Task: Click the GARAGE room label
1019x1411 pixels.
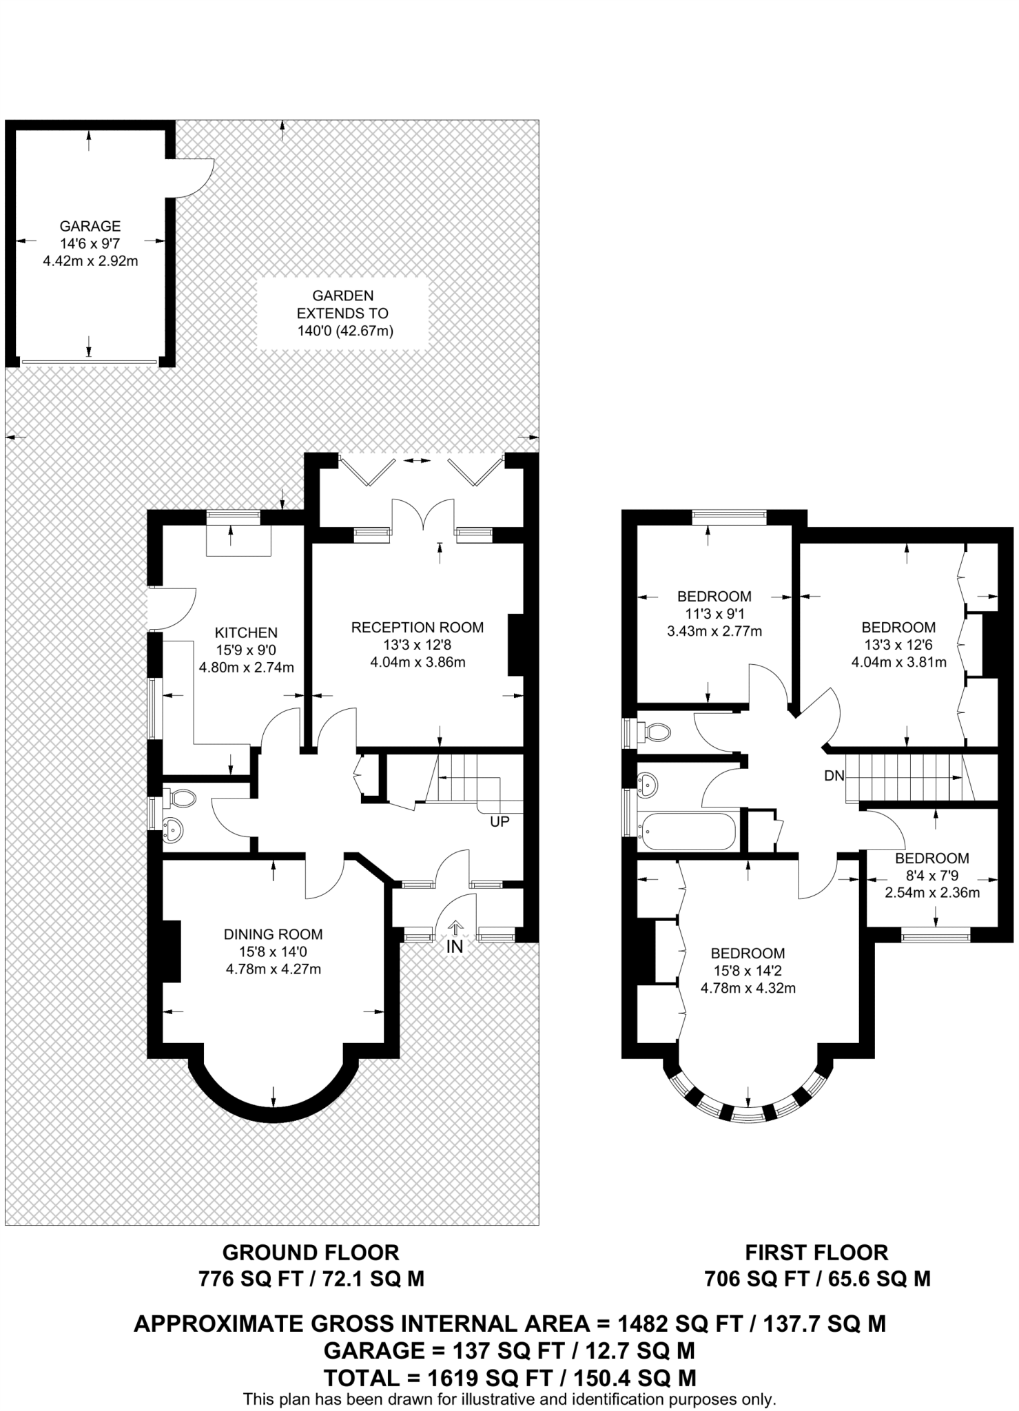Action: tap(90, 226)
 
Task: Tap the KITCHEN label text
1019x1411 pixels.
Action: tap(246, 632)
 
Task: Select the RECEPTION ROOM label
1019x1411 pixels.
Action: tap(417, 628)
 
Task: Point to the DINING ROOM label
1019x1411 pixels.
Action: tap(273, 935)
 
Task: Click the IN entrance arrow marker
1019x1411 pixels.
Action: tap(455, 929)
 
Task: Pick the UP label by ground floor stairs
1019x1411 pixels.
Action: tap(500, 822)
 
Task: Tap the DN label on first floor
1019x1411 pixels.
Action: tap(834, 776)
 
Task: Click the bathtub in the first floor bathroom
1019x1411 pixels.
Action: tap(688, 832)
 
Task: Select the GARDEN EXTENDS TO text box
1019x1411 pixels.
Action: tap(343, 313)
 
